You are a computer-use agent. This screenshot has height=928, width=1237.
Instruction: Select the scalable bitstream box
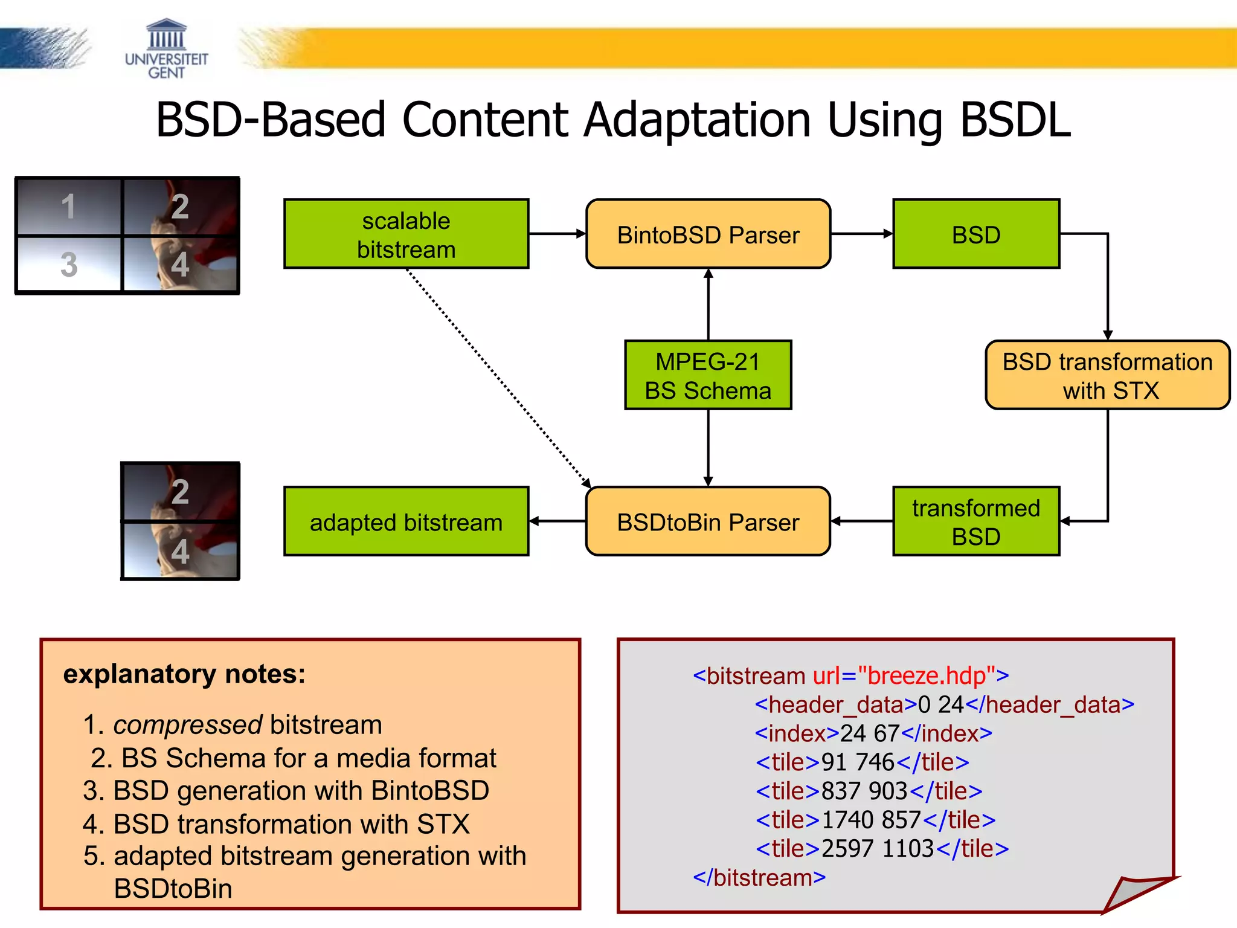tap(406, 234)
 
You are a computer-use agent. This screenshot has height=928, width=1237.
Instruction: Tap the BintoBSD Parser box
tap(708, 234)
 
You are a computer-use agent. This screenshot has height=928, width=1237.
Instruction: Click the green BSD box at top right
tap(975, 234)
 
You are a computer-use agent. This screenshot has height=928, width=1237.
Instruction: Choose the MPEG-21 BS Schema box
tap(708, 375)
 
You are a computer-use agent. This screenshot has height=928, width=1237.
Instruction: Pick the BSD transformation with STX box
tap(1107, 375)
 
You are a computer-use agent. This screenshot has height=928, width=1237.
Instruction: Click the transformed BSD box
tap(975, 521)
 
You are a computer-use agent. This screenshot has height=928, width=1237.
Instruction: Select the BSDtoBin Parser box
tap(708, 521)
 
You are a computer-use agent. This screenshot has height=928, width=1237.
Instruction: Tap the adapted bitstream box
tap(406, 521)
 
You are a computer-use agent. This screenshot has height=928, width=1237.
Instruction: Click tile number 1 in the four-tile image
tap(69, 207)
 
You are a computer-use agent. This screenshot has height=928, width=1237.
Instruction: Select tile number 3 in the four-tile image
tap(69, 264)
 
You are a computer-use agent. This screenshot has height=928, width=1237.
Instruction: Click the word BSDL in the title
tap(1015, 120)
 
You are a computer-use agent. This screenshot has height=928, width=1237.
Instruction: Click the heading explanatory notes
tap(184, 674)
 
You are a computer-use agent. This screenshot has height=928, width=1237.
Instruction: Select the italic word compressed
tap(187, 724)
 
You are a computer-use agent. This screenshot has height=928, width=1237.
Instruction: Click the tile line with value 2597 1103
tap(882, 849)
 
